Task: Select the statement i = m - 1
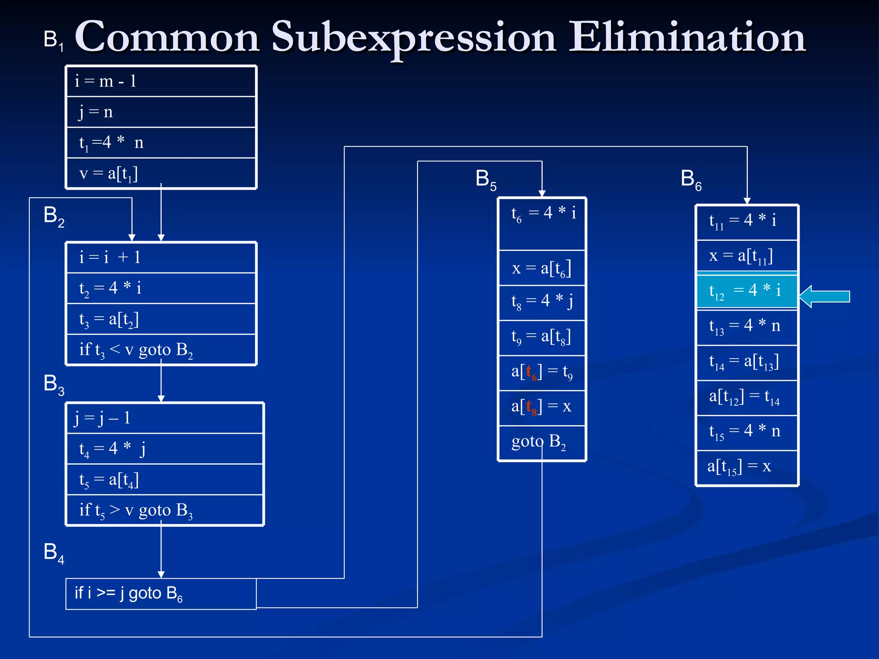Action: pos(161,81)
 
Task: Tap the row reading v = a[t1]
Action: pos(161,173)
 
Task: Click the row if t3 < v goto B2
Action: pos(161,350)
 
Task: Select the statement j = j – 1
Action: pos(164,418)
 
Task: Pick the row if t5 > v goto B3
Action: pos(164,510)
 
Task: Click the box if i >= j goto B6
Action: pos(161,594)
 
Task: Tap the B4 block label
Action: pos(54,553)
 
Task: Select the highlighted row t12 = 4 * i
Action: pos(747,291)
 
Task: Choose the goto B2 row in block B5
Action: pos(542,442)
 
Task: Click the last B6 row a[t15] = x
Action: pos(747,467)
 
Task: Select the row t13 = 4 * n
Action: pos(747,326)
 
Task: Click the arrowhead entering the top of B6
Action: pos(747,200)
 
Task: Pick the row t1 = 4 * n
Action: pos(161,142)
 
